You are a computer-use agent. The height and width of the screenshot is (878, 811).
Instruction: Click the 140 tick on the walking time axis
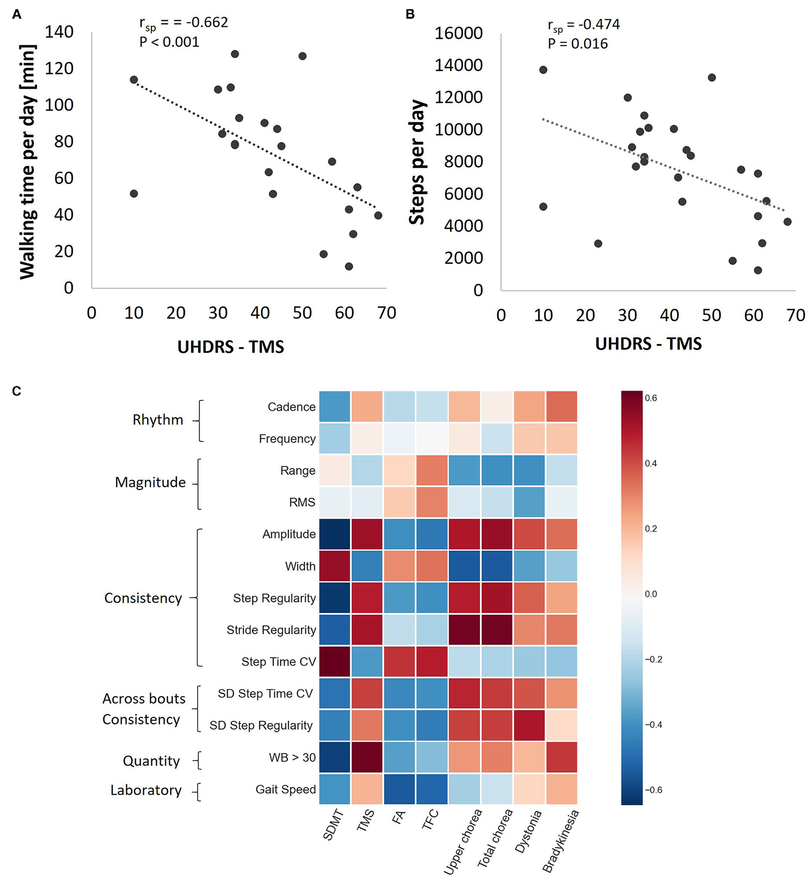59,32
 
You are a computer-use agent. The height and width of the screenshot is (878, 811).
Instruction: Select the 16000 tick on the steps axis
458,33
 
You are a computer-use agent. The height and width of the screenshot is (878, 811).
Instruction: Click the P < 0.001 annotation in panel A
169,42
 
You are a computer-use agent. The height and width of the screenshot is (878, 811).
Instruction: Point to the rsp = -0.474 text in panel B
584,25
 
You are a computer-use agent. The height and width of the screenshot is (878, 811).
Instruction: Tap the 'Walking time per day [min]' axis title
27,162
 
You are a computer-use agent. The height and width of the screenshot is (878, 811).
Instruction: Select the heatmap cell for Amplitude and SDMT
335,534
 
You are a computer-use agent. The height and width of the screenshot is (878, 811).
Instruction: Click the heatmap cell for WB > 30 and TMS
367,757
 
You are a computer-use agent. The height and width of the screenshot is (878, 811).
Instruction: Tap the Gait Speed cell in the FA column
399,789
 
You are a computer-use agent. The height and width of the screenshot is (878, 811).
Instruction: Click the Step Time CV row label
278,662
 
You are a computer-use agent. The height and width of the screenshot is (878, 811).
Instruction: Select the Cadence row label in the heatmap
292,407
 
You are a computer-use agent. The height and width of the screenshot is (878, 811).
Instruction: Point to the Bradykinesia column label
561,841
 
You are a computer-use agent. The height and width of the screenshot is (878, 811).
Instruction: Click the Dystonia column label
529,831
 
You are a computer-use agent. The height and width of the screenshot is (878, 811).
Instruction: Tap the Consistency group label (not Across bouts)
143,598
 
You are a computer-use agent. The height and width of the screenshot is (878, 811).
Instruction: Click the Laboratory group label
146,790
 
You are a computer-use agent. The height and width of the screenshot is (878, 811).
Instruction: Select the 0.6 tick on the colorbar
650,398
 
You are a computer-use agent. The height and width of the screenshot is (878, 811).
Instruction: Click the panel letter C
16,391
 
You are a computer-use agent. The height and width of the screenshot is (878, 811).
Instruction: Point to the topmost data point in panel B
543,70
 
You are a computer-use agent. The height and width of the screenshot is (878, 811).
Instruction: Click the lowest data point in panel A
349,266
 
